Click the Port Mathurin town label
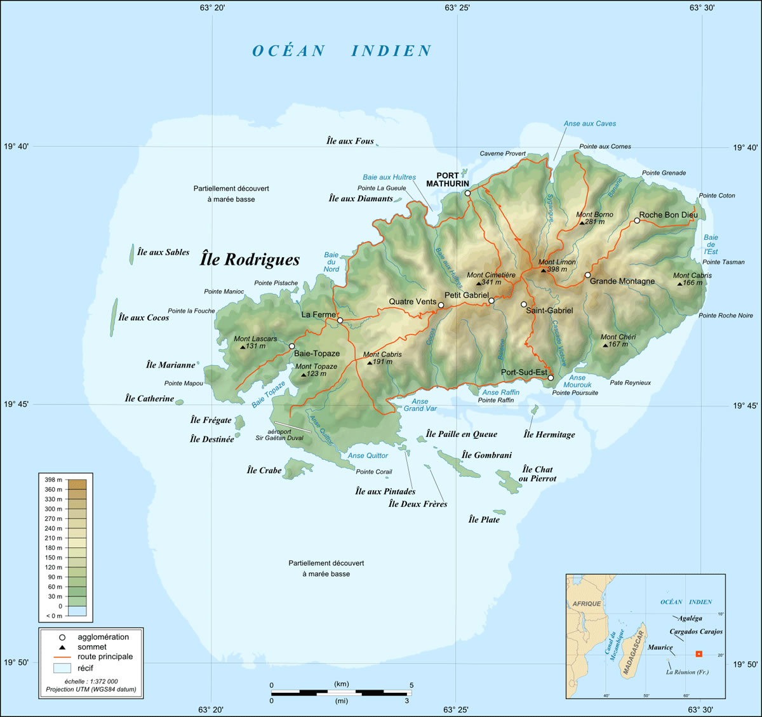pos(452,180)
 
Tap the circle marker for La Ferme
pos(340,321)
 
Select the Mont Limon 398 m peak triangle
pos(543,270)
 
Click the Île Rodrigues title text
pos(250,259)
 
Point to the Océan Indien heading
pos(342,51)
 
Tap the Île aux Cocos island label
pos(144,318)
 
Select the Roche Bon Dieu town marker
pos(637,221)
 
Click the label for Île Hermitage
pos(549,434)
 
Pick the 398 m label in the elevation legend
pos(53,479)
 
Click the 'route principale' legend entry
pos(105,657)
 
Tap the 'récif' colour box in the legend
pos(62,668)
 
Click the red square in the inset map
pos(698,654)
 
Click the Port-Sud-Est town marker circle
pos(551,378)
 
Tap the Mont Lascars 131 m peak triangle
pos(243,347)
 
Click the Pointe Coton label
pos(717,196)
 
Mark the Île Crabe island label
pos(264,471)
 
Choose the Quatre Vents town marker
pos(441,305)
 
